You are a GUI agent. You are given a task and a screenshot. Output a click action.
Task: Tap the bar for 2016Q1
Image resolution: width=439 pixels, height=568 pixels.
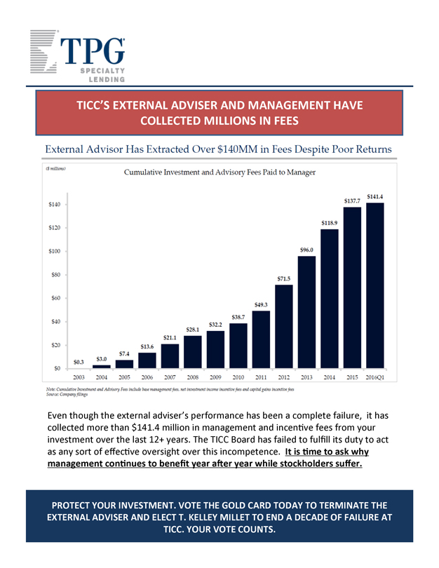(375, 285)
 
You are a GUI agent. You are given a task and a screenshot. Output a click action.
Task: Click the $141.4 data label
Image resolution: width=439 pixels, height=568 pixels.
(375, 196)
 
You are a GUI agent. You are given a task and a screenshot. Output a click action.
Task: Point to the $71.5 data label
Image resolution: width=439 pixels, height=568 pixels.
(284, 278)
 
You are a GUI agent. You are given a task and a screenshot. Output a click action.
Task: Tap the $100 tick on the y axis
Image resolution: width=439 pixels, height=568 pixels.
(54, 251)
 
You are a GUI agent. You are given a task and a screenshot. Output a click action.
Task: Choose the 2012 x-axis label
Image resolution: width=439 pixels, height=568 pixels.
(284, 377)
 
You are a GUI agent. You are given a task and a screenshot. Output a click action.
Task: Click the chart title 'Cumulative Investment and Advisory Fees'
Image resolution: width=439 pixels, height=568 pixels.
(219, 172)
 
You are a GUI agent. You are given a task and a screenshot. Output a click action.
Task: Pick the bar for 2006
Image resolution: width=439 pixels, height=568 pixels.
(147, 357)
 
